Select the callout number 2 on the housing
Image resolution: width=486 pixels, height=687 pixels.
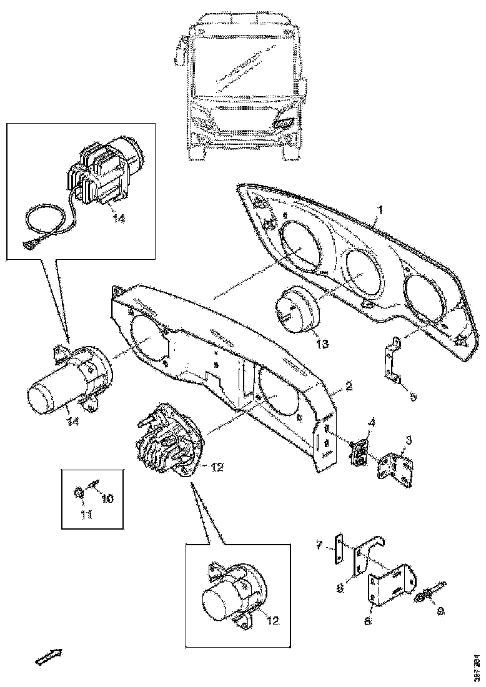coord(349,387)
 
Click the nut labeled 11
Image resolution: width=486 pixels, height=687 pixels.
coord(78,494)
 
